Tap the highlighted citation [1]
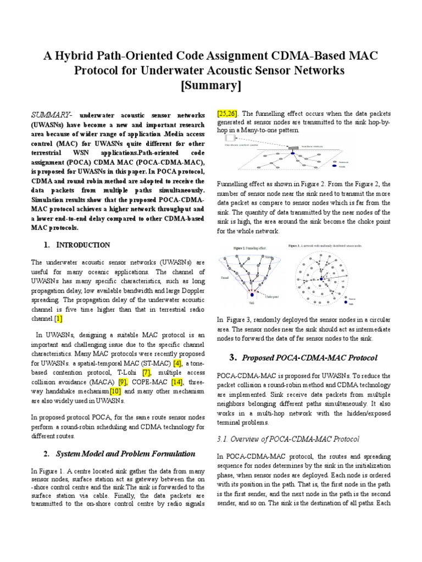coord(58,318)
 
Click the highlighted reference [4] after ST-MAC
coord(177,363)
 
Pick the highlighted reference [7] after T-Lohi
coord(146,373)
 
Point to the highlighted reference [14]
coord(176,382)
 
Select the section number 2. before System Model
coord(46,454)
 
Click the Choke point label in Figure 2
coord(273,296)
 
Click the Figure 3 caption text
coord(324,246)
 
